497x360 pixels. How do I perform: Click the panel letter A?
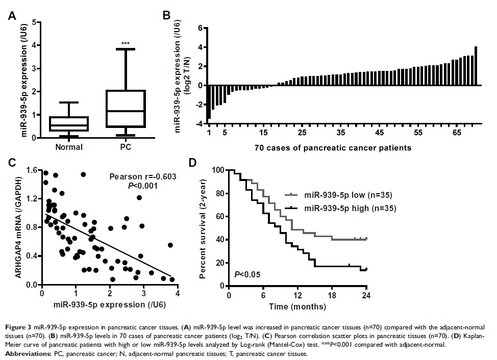[x=11, y=16]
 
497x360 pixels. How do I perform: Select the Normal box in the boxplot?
[x=71, y=124]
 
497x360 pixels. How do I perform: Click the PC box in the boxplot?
[x=124, y=109]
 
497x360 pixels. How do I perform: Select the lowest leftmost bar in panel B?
[x=209, y=102]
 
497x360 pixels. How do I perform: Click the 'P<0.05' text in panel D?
[x=247, y=275]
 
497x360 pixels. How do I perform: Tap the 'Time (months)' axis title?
[x=297, y=307]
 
